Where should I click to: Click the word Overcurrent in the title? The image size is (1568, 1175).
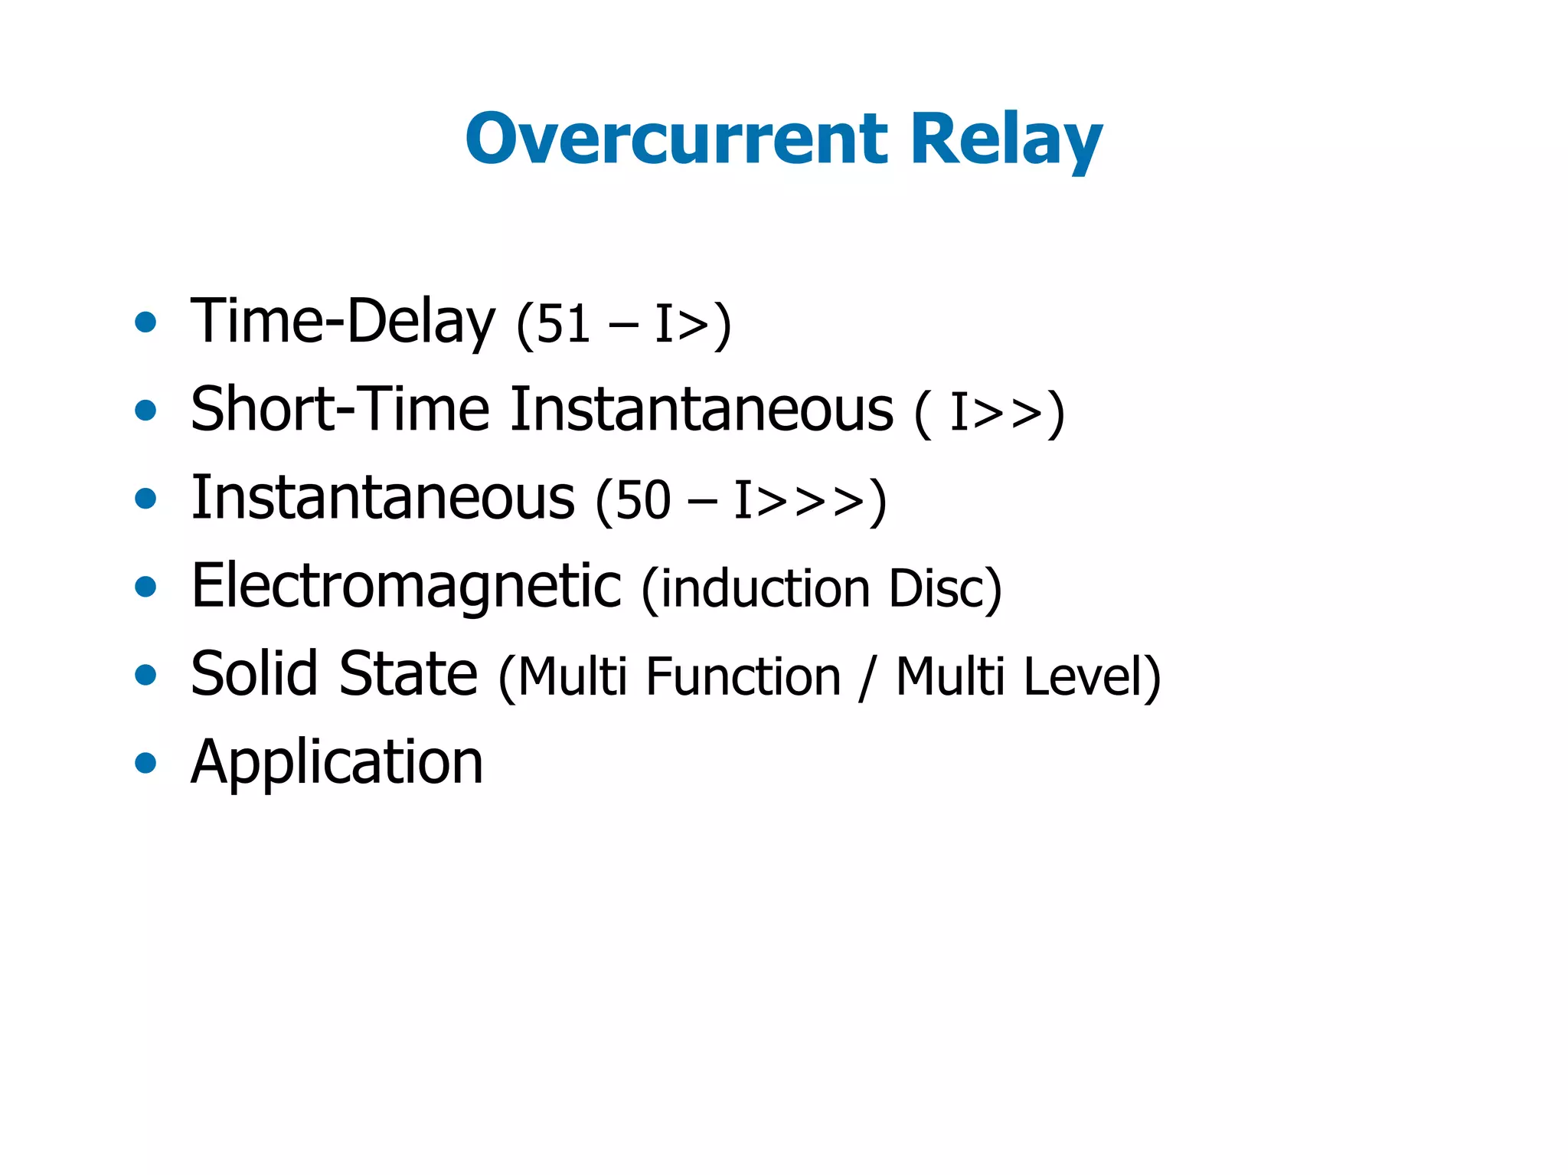tap(676, 139)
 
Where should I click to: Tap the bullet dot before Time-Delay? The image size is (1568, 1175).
tap(145, 322)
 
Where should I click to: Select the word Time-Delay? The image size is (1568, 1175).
tap(342, 322)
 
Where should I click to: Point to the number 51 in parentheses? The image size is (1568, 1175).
tap(563, 325)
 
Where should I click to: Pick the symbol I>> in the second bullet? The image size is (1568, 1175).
tap(995, 414)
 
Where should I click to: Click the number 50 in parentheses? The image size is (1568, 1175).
tap(643, 501)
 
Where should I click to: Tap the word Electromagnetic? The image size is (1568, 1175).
tap(406, 587)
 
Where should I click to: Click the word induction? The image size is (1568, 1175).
tap(764, 589)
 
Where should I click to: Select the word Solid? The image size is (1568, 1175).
tap(253, 675)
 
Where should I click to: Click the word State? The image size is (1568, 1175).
tap(408, 675)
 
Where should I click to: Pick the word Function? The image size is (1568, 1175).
tap(743, 677)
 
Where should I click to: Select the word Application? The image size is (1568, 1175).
tap(337, 763)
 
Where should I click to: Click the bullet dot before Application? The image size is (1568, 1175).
tap(145, 763)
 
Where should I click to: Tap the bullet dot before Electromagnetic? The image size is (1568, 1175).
tap(145, 587)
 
